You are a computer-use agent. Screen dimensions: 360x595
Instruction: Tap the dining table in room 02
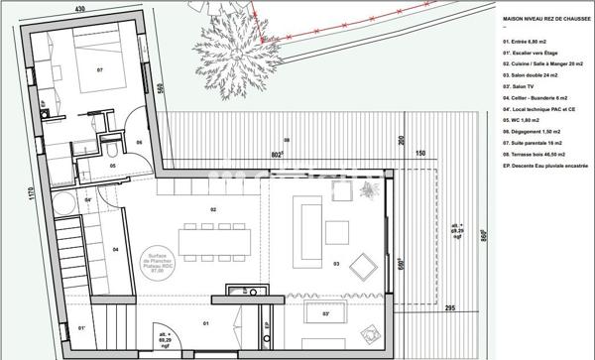coord(207,237)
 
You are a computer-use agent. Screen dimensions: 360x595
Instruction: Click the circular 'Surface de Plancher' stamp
coord(157,263)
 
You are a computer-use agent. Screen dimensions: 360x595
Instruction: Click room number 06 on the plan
coord(140,142)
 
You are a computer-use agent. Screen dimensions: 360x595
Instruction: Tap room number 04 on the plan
coord(115,249)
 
